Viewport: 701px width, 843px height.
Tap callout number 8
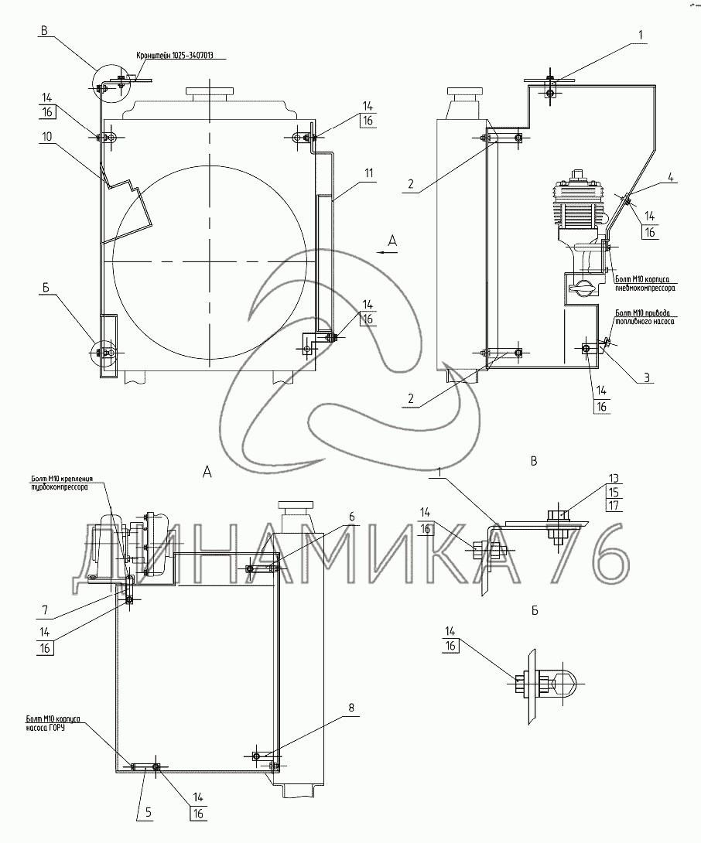352,707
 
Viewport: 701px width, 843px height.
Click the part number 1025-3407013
189,56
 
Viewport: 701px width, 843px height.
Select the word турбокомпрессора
59,489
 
